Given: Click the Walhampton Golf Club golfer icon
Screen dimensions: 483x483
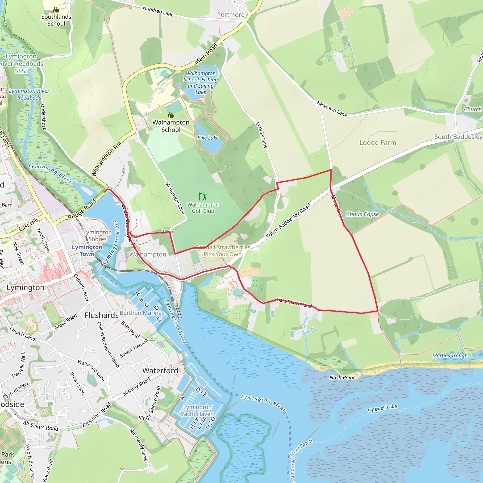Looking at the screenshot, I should [x=203, y=196].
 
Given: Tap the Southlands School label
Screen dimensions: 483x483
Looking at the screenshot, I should [x=56, y=20].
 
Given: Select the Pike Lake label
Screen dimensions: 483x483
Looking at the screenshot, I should [x=208, y=138].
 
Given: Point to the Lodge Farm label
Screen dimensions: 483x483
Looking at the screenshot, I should [x=378, y=143].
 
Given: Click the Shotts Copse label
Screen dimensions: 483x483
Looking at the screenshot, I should [x=362, y=214].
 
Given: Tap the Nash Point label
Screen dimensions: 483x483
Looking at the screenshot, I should [x=342, y=378].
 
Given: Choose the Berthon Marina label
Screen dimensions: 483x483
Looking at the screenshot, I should [x=141, y=313].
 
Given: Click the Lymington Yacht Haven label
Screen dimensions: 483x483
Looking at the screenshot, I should [x=197, y=411].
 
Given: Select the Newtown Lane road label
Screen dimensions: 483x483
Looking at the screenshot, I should [x=332, y=109].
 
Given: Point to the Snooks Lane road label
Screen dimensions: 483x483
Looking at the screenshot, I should [x=262, y=135].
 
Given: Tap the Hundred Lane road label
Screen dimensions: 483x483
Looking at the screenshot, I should [x=158, y=11].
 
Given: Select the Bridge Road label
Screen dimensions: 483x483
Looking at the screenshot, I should [x=82, y=209].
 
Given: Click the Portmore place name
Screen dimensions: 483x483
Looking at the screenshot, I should [x=230, y=15].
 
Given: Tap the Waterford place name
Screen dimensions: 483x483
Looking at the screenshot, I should [x=160, y=371].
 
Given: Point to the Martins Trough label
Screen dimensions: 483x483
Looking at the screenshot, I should [x=450, y=355].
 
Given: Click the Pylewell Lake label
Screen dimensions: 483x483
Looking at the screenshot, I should [x=382, y=408].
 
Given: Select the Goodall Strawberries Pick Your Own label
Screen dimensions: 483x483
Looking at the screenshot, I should [x=222, y=251].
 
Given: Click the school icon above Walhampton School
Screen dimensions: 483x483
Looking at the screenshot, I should [x=171, y=115].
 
